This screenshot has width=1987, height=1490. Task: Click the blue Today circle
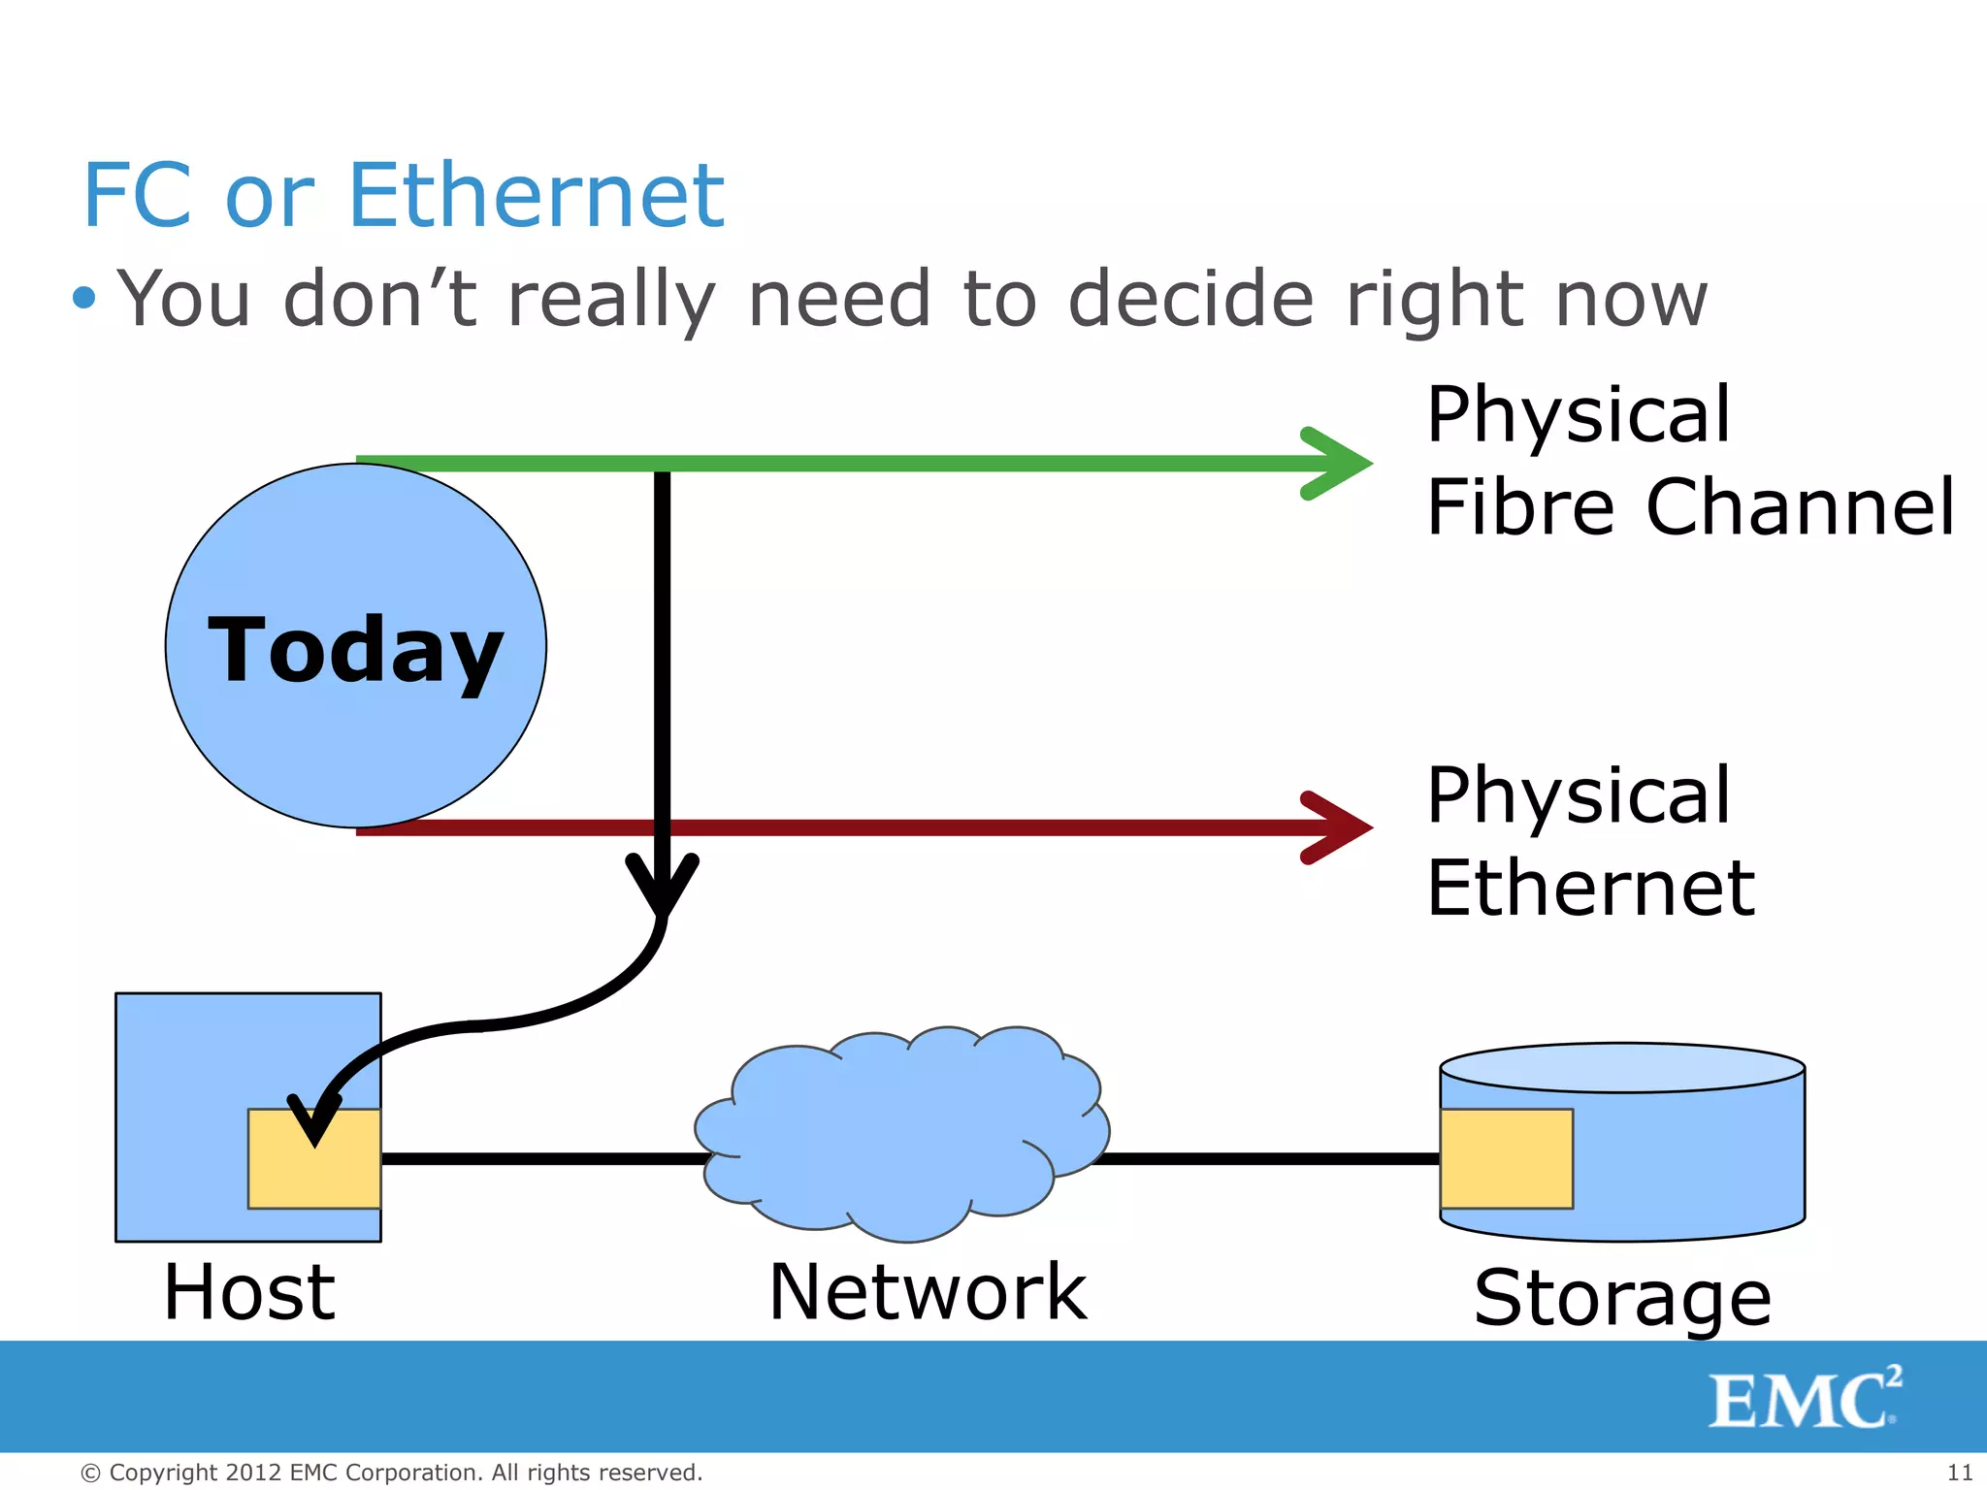355,646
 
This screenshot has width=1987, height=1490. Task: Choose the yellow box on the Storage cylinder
1506,1158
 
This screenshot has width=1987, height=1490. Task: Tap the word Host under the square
249,1292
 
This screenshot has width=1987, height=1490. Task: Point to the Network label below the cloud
928,1292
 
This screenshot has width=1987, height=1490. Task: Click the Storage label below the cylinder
1622,1298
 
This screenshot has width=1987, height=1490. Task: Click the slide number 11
1960,1473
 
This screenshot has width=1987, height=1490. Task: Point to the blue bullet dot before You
84,297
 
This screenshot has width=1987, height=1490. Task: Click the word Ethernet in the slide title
536,196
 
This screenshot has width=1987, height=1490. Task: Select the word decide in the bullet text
1191,299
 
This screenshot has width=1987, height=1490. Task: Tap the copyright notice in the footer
391,1473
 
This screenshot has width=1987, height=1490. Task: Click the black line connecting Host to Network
543,1158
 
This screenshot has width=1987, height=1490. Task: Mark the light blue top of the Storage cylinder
1622,1068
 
